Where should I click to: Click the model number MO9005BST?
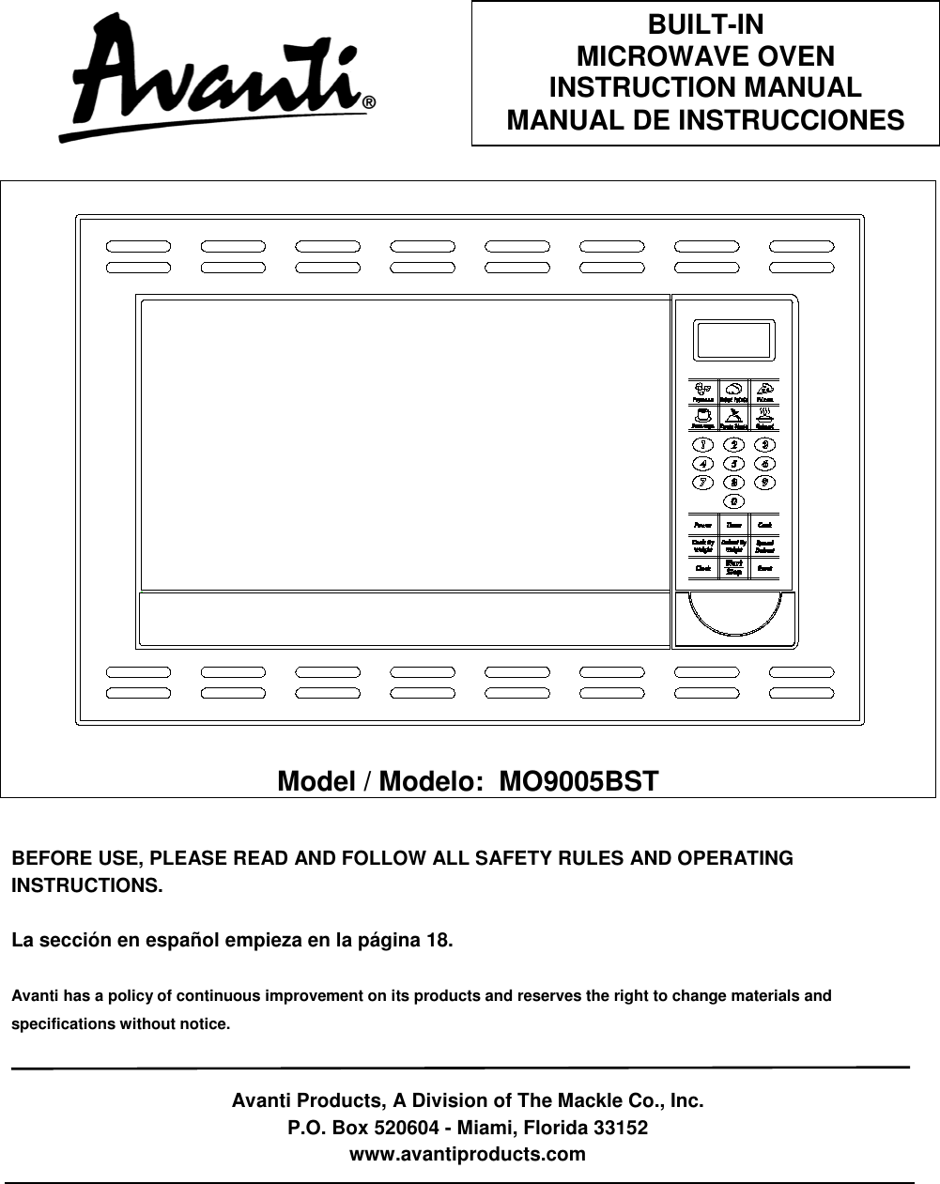tap(578, 781)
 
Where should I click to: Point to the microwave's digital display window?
tap(733, 341)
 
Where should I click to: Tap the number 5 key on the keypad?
tap(733, 463)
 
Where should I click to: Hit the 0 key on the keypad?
tap(733, 501)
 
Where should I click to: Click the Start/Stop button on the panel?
tap(733, 567)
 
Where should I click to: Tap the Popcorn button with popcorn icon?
tap(702, 392)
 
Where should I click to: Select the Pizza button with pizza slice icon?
tap(765, 392)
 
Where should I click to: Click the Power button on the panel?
tap(702, 525)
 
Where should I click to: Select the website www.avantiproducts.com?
tap(467, 1154)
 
